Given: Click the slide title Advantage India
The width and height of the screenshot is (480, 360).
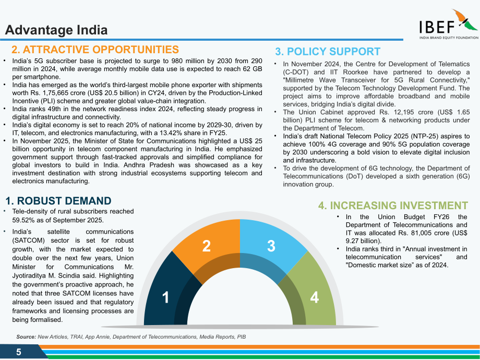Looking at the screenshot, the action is [56, 30].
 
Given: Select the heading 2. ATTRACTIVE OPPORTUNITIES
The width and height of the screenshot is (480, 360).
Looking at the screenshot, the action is [95, 50].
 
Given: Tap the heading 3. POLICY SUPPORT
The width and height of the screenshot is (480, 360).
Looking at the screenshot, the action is [328, 52].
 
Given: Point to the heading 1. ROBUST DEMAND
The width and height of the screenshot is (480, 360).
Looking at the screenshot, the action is [58, 201].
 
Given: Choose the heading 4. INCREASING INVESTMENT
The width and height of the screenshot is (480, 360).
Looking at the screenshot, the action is [393, 206].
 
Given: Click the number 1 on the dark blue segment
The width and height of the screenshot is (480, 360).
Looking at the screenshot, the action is [165, 297].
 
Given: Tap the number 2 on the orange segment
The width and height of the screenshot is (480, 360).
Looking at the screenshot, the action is [207, 246].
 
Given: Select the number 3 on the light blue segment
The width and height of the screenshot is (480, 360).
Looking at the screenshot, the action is [271, 246].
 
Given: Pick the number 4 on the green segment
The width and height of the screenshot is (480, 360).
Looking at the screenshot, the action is [315, 297].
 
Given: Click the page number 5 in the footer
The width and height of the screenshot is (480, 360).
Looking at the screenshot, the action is [19, 352].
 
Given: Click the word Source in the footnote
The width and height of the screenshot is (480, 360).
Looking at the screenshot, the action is [26, 337].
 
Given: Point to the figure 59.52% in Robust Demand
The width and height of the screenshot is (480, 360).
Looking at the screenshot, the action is [24, 220].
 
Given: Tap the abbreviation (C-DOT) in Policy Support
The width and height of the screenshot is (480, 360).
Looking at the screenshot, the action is [296, 72].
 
